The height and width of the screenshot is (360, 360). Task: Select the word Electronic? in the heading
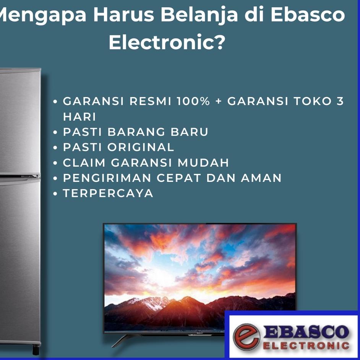coord(167,43)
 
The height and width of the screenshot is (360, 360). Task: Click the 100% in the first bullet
coord(193,101)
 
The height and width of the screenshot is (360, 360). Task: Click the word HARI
coord(79,117)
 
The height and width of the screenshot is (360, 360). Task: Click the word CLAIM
coord(84,162)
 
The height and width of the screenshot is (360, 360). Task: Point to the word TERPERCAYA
coord(108,193)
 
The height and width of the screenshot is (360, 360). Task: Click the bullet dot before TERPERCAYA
coord(55,194)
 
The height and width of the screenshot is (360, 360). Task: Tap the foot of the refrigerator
coord(36,349)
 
